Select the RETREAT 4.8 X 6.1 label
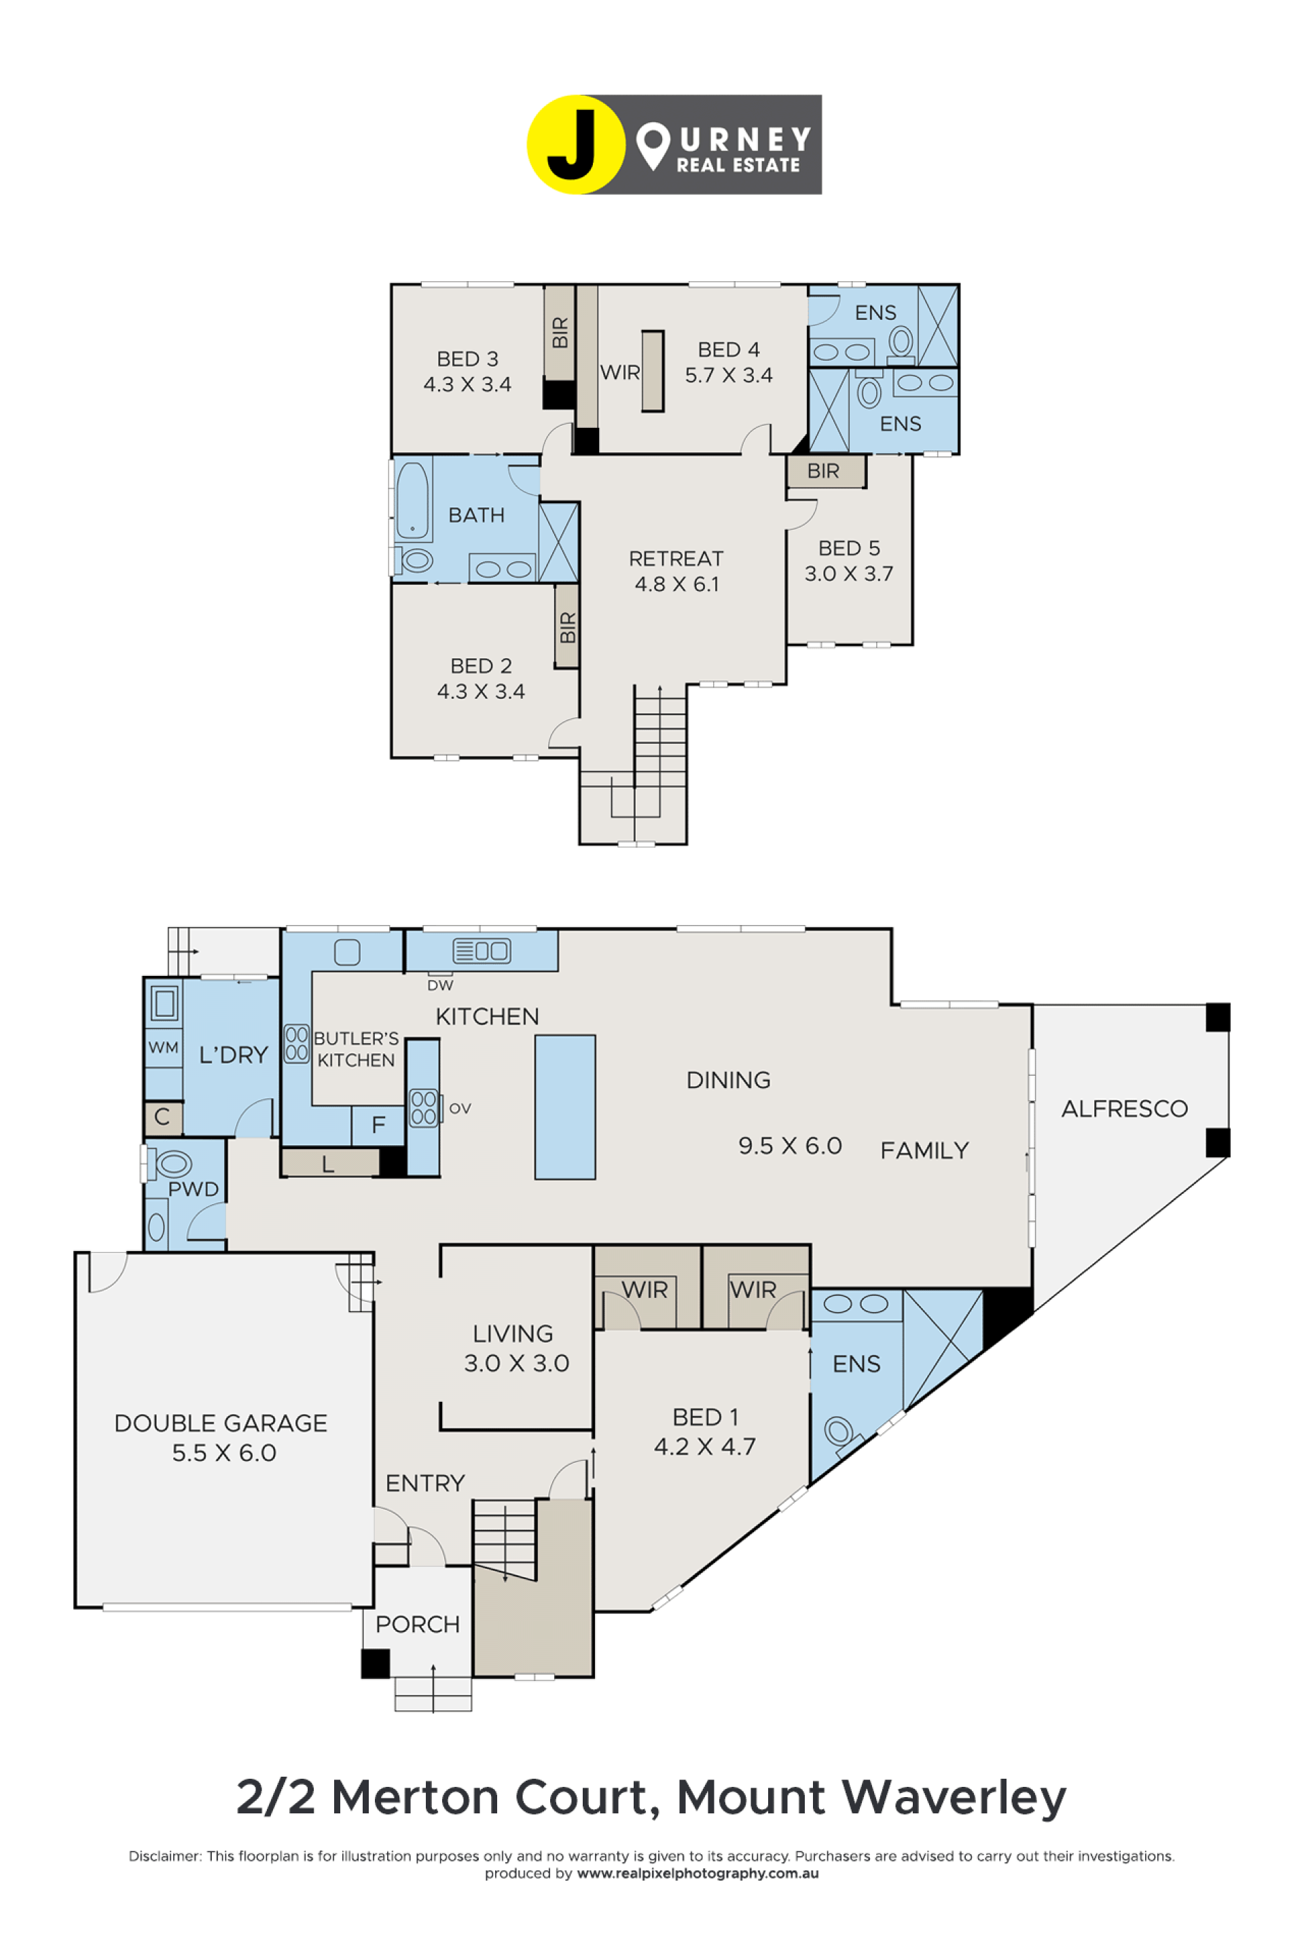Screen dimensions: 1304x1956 pos(676,570)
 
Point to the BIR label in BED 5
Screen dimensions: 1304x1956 pos(823,471)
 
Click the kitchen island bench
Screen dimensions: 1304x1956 pos(564,1107)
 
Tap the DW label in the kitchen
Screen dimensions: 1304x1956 pos(440,985)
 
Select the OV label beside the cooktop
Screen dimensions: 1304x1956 pos(460,1108)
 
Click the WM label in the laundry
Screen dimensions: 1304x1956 pos(163,1048)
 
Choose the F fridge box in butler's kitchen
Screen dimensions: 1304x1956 pos(378,1125)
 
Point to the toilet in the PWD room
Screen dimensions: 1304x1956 pos(170,1163)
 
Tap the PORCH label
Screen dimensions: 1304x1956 pos(418,1624)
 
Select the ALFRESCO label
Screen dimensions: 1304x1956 pos(1125,1108)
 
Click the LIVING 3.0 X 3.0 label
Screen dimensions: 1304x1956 pos(515,1348)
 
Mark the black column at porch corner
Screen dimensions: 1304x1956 pos(375,1663)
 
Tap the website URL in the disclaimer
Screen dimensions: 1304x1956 pos(698,1873)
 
